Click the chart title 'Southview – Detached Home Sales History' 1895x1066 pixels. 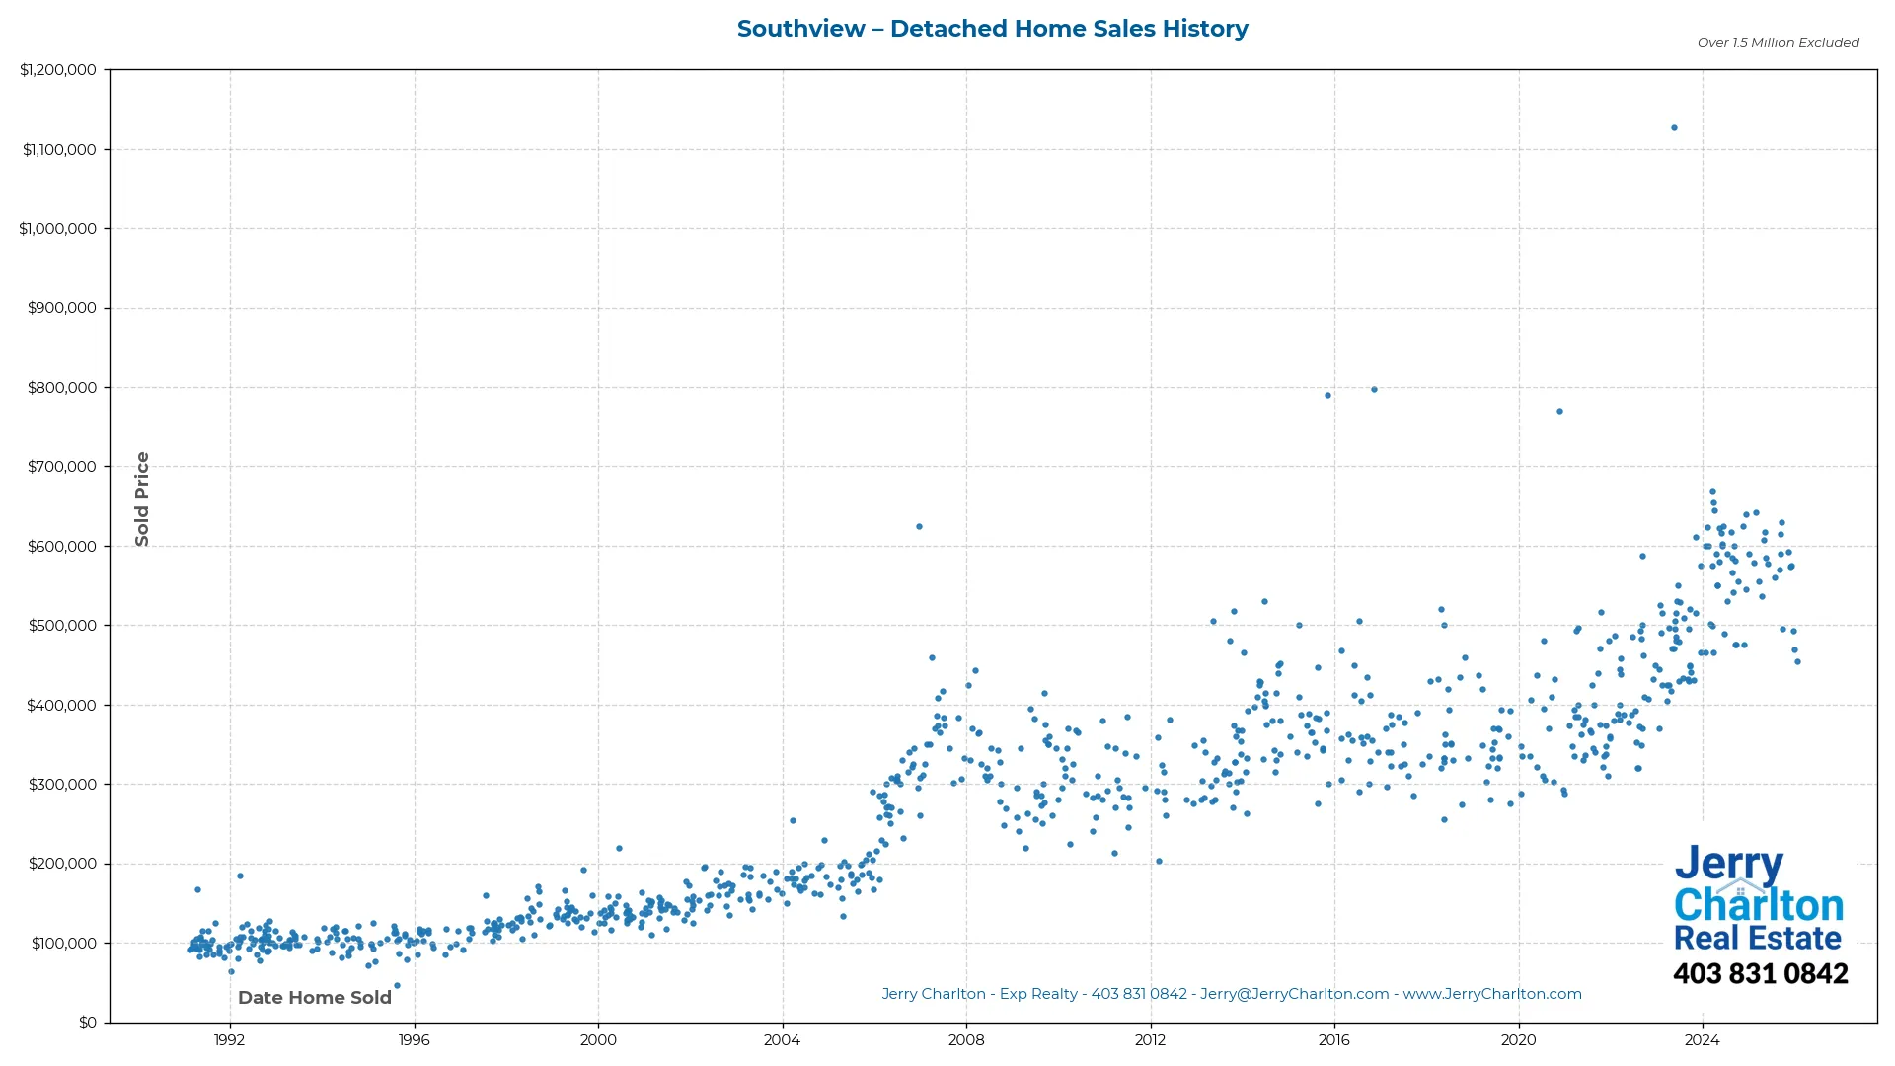click(x=992, y=29)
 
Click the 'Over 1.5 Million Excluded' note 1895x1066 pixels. click(x=1778, y=43)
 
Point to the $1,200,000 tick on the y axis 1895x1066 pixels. click(x=58, y=70)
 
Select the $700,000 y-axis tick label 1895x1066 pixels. click(x=62, y=467)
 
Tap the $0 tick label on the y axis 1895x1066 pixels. click(x=88, y=1023)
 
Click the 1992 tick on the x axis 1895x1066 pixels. click(x=230, y=1040)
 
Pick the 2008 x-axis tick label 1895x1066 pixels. click(x=966, y=1040)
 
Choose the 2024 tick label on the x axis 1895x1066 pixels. click(x=1702, y=1040)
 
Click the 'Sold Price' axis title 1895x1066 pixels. click(x=142, y=498)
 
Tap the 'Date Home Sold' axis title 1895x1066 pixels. click(x=315, y=998)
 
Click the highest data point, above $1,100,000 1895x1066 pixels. click(x=1674, y=128)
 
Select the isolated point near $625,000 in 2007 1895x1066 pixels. click(x=919, y=527)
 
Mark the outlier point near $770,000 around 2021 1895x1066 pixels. click(x=1559, y=412)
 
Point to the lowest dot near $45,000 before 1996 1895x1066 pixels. click(x=397, y=986)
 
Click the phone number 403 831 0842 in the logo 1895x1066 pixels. click(x=1760, y=974)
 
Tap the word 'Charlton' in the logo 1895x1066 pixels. click(x=1759, y=905)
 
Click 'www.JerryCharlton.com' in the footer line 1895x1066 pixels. click(x=1491, y=994)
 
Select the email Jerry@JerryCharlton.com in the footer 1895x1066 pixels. click(x=1294, y=994)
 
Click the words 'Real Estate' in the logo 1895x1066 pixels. click(x=1757, y=939)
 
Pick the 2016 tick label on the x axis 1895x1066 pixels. click(x=1334, y=1040)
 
